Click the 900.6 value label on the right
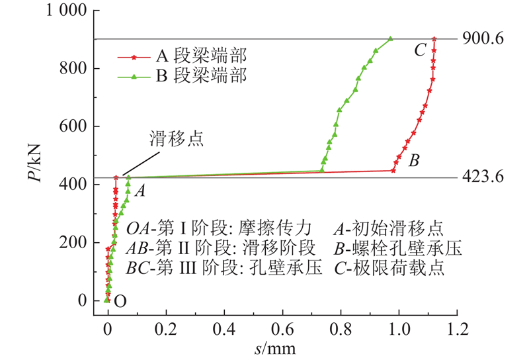[x=484, y=39]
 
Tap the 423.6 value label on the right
[x=484, y=178]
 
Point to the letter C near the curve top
[x=420, y=50]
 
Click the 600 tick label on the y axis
[x=71, y=126]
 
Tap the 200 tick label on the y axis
[x=71, y=243]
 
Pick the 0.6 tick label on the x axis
[x=282, y=328]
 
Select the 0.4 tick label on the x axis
[x=224, y=328]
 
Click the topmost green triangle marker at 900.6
[x=390, y=39]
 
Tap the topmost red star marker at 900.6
[x=434, y=39]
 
